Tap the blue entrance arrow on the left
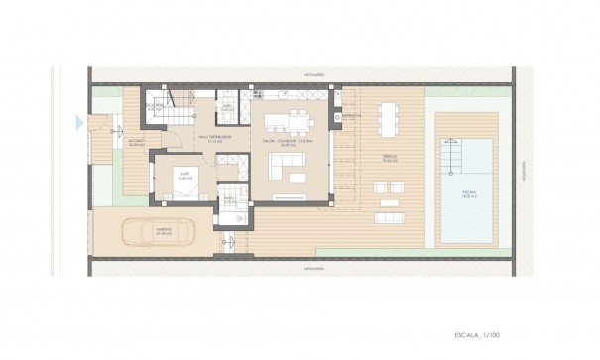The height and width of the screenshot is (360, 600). click(x=78, y=122)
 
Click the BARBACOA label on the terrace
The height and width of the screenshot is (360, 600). click(x=351, y=116)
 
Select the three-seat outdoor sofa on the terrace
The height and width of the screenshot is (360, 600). click(x=389, y=214)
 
